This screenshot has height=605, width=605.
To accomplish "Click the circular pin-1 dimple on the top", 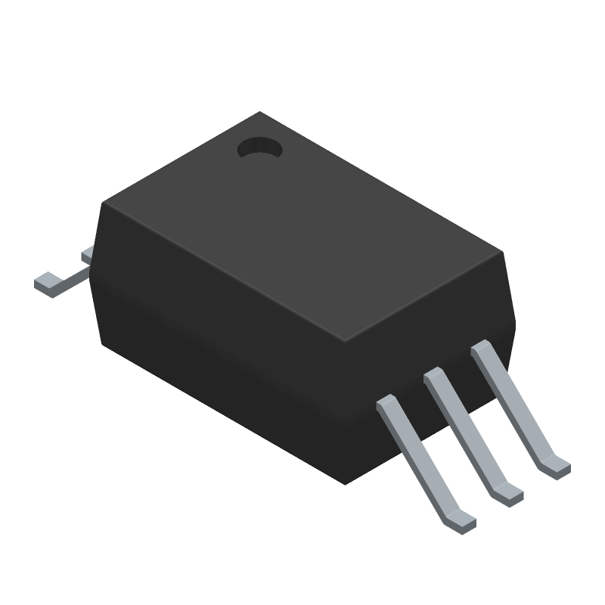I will point(259,148).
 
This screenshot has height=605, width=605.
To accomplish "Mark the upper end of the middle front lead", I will point(433,376).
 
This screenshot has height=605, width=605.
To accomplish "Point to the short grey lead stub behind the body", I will point(87,255).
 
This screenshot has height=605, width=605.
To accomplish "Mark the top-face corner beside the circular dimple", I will point(259,113).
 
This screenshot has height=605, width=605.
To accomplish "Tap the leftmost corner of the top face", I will point(104,203).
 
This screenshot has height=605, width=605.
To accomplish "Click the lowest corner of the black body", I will point(345,483).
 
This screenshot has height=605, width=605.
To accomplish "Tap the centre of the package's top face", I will point(302,227).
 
